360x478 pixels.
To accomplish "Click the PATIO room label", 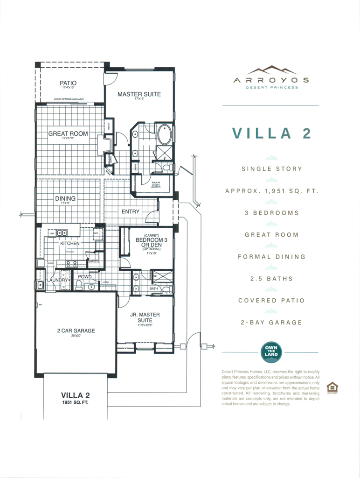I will point(68,83).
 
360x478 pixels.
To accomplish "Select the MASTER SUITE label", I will point(139,94).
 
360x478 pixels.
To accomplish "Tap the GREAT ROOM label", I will point(68,134).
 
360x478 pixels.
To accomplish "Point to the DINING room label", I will point(65,198).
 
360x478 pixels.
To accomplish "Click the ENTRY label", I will point(131,211).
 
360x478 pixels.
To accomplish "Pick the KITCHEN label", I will point(69,243).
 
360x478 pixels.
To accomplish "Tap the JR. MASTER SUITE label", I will point(145,317).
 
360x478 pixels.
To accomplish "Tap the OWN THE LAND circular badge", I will point(271,351).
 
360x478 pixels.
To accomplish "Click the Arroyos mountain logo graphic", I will point(271,70).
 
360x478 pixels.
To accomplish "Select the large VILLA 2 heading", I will point(271,133).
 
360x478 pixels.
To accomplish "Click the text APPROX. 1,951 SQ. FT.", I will point(271,191).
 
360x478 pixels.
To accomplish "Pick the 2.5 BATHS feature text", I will point(271,279).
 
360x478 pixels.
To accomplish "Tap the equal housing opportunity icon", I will point(332,387).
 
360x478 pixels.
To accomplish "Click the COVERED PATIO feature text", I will point(271,301).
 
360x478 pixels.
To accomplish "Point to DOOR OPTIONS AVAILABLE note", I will point(69,99).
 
